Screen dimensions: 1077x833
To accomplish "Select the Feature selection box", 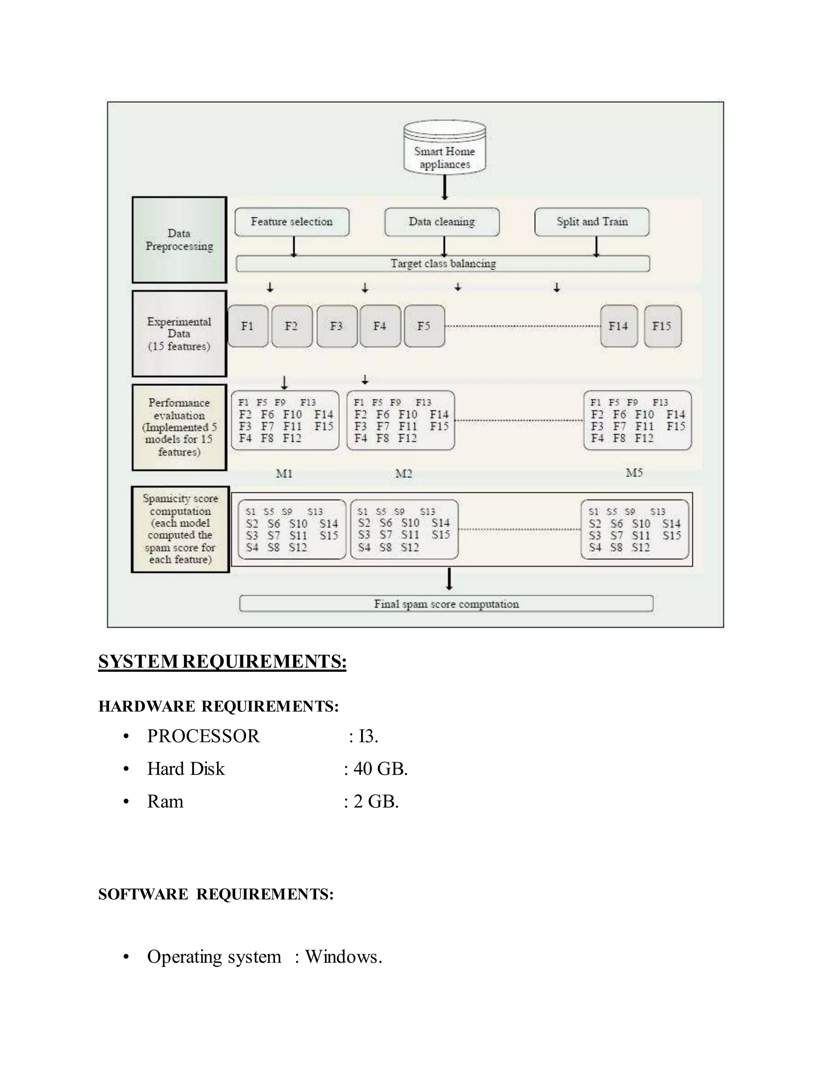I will (x=292, y=222).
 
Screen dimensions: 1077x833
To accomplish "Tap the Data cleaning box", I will (x=442, y=222).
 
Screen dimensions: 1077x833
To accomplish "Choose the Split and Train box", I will (x=592, y=222).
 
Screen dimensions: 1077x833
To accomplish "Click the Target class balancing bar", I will (x=443, y=264).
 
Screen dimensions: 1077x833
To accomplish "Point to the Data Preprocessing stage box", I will (x=179, y=240).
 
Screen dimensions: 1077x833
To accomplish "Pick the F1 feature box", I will (x=248, y=326).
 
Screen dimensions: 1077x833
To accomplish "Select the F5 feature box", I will (x=424, y=326).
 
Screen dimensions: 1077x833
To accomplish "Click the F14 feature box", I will (x=618, y=326).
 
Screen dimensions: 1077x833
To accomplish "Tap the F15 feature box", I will (x=662, y=326).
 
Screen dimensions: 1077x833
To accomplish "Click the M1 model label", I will (x=284, y=474).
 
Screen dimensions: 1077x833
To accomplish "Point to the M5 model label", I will (x=634, y=473).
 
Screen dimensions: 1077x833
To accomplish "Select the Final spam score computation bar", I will (x=446, y=604).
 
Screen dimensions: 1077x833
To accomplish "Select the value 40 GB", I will (x=380, y=769).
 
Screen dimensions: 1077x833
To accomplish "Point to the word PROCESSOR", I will (x=203, y=736).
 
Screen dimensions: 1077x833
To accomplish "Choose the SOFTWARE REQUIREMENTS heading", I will (x=216, y=894).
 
